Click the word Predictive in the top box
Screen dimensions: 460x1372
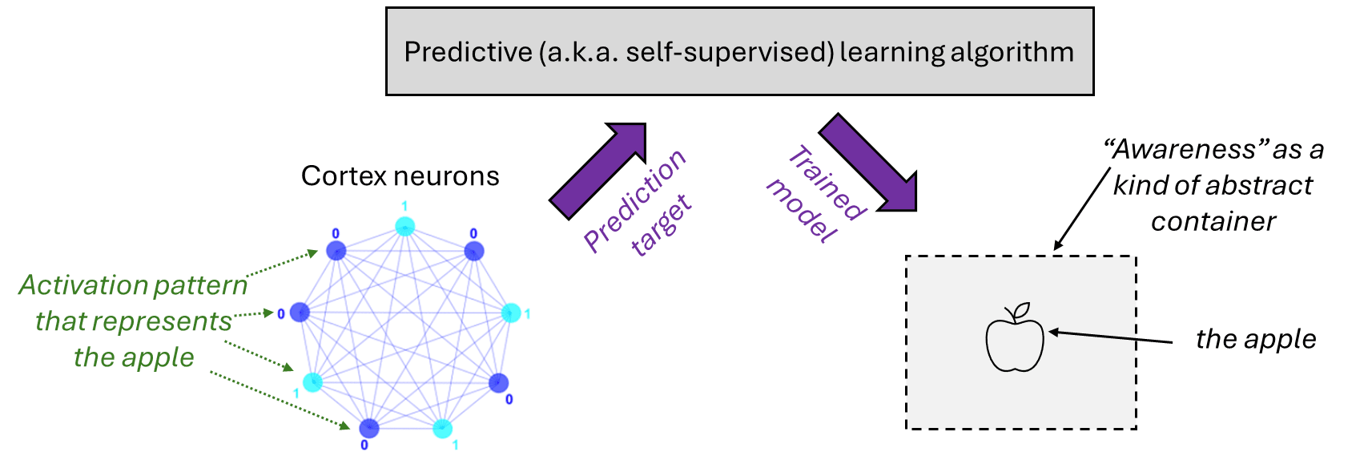click(x=468, y=52)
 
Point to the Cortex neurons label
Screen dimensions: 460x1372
click(x=400, y=176)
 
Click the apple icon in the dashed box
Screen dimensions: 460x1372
click(x=1015, y=341)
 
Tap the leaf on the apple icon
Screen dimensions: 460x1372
click(x=1021, y=310)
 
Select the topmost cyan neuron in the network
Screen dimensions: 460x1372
click(x=405, y=226)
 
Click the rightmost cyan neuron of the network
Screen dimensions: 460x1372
click(x=511, y=313)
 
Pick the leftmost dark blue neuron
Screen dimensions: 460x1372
click(x=300, y=312)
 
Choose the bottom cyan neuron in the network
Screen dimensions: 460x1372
click(x=442, y=429)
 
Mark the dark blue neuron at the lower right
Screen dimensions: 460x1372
click(x=498, y=382)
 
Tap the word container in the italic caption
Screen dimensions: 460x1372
click(x=1213, y=221)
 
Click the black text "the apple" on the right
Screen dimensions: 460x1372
click(x=1255, y=339)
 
